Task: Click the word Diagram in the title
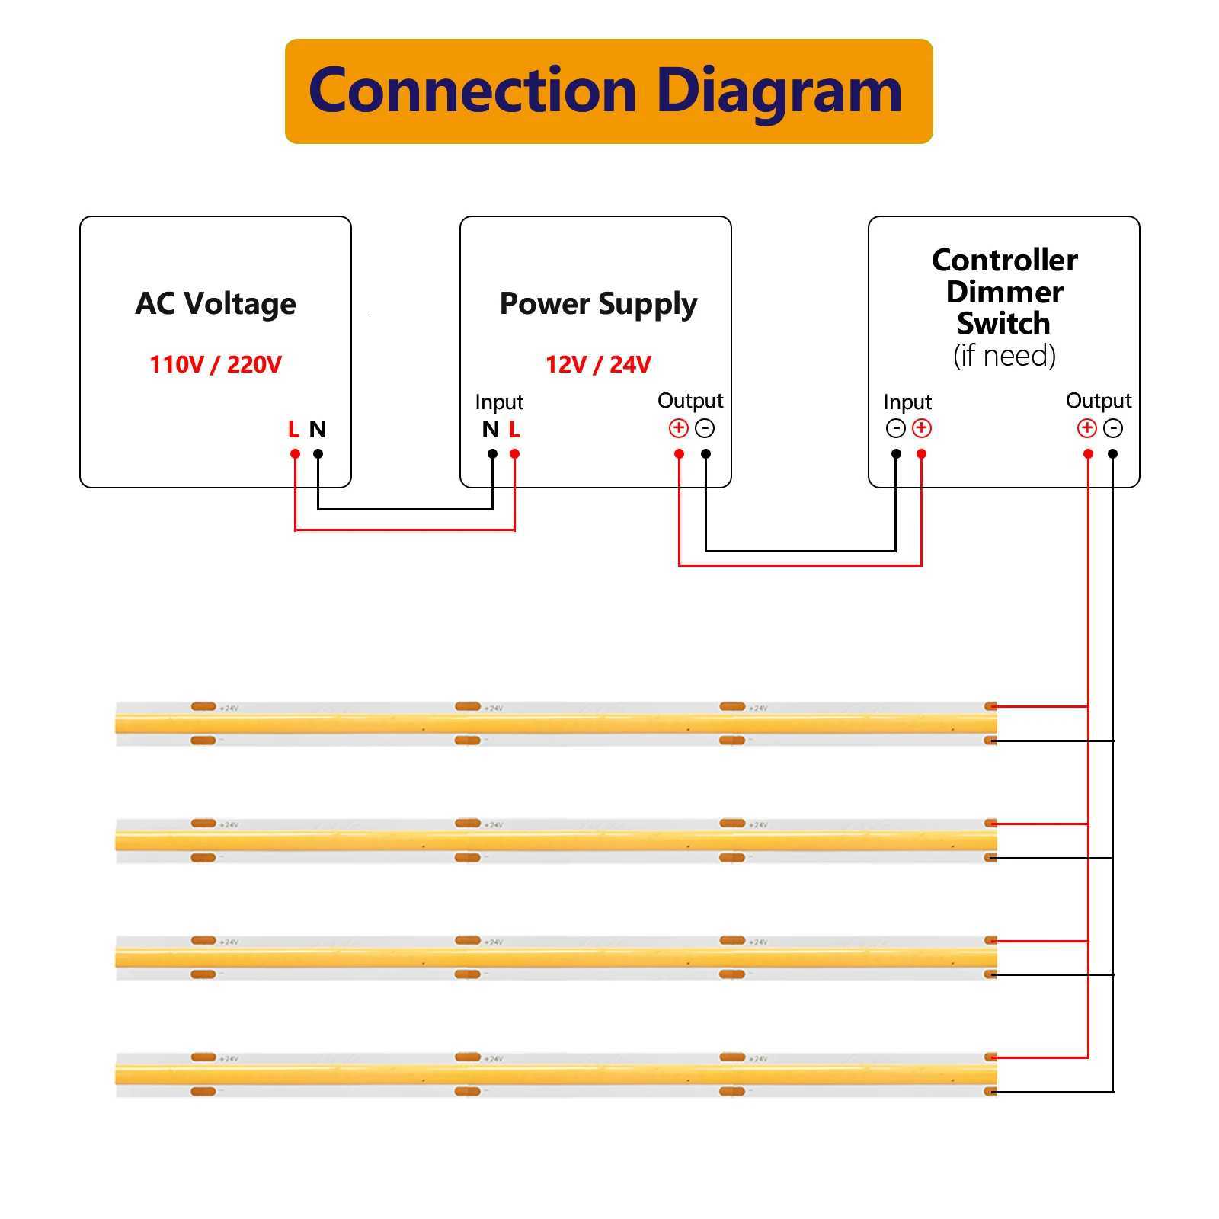point(779,91)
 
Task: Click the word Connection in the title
point(472,91)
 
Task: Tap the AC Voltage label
point(216,303)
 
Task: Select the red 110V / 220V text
point(216,365)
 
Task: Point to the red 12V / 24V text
point(598,365)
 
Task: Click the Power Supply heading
point(598,304)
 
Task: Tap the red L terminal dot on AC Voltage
point(295,454)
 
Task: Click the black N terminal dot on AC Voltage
point(318,454)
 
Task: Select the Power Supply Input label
point(499,402)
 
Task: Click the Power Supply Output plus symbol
point(678,428)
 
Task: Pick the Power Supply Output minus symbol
point(705,428)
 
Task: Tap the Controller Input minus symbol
point(895,428)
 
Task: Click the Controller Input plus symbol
point(922,428)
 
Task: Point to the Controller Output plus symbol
point(1086,428)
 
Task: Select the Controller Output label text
point(1099,401)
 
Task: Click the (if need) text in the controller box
point(1004,356)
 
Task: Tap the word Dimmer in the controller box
point(1004,292)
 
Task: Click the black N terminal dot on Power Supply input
point(493,454)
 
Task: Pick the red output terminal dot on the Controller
point(1088,454)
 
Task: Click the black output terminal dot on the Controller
point(1113,454)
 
